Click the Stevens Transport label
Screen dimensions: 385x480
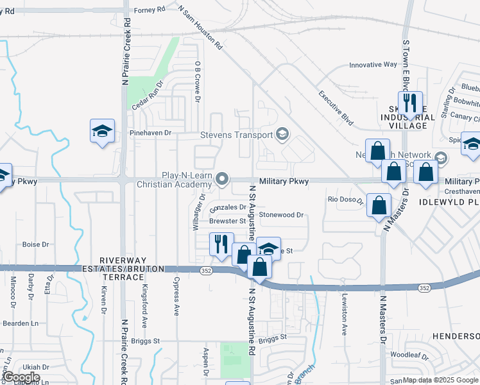coord(236,135)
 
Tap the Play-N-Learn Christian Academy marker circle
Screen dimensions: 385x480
coord(223,178)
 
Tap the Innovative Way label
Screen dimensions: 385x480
coord(373,65)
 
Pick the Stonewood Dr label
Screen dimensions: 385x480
coord(281,216)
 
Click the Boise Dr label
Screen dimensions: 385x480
coord(35,244)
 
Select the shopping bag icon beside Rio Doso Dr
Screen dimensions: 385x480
coord(379,205)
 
